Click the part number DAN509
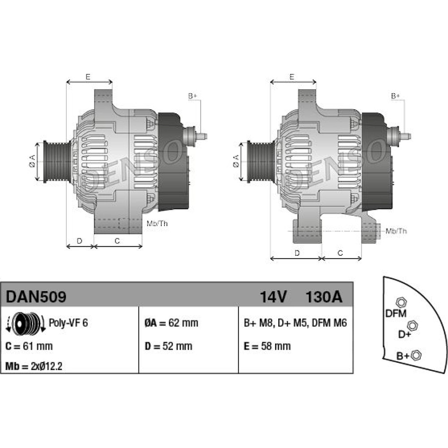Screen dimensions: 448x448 coord(36,297)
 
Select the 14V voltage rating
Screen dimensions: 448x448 coord(273,297)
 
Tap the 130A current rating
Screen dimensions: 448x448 coord(324,297)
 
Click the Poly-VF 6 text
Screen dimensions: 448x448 coord(68,323)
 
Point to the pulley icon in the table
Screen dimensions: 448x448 coord(26,323)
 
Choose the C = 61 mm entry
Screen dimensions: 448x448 coord(29,346)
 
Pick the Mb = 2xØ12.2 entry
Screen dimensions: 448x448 coord(34,366)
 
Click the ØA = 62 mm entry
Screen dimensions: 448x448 coord(171,323)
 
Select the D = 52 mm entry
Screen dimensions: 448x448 coord(168,346)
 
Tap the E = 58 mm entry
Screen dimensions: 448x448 coord(267,346)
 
